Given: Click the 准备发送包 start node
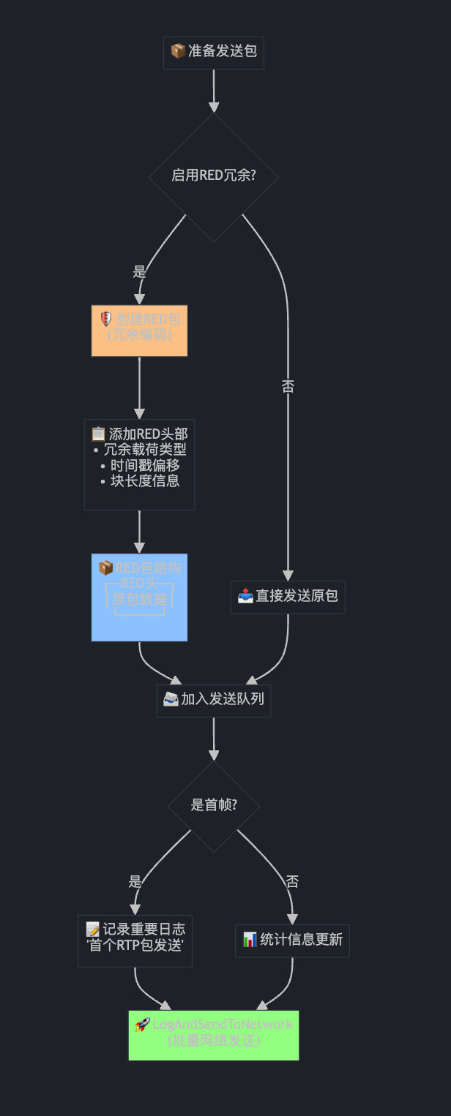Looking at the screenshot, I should [213, 51].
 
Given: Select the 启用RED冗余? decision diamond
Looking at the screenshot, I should [213, 176].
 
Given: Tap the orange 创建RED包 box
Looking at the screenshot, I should [139, 331].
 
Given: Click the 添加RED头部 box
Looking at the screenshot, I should [139, 464].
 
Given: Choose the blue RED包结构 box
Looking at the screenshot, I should [139, 597].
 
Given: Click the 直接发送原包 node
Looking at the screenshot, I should [288, 597].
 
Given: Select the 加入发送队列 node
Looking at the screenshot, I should [213, 700].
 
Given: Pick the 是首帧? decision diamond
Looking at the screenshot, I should [213, 805].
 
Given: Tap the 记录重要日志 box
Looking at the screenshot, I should [135, 940].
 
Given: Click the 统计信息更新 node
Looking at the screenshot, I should [292, 940].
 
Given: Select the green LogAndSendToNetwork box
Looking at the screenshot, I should [213, 1035].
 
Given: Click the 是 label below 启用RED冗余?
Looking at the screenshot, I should [139, 272].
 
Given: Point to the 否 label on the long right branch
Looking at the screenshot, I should [288, 387].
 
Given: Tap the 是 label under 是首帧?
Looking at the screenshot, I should [135, 882].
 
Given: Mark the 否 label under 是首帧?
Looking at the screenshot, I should [292, 882].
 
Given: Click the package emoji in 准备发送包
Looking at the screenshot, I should [177, 51].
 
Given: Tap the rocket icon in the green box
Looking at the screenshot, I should [142, 1025].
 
